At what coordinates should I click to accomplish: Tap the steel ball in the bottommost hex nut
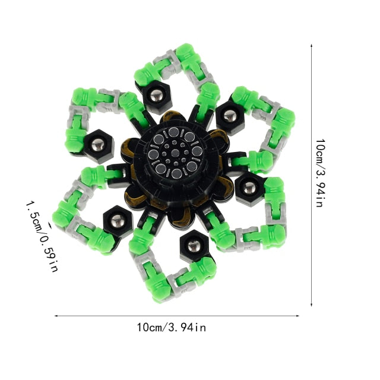click(x=194, y=246)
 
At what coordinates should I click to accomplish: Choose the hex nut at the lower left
click(x=118, y=221)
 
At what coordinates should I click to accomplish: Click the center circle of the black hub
click(x=175, y=153)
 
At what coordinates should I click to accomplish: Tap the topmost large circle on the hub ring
click(x=173, y=132)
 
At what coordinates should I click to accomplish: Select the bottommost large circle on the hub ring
click(x=177, y=173)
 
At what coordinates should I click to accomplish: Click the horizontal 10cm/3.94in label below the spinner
click(x=172, y=327)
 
